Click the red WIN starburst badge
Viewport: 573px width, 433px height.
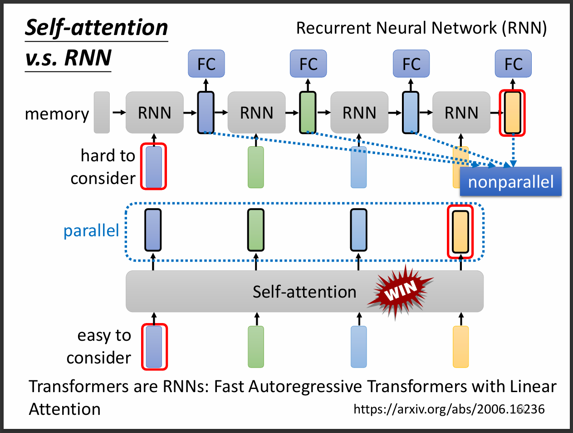click(399, 291)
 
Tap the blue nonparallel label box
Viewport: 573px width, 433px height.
click(510, 182)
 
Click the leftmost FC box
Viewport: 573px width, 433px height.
click(206, 64)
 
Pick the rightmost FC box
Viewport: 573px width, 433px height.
click(513, 64)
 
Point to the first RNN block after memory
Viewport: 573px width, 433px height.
click(154, 113)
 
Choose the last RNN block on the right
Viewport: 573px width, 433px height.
click(461, 113)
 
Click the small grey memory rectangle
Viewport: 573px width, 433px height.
click(102, 113)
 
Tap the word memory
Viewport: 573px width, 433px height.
click(57, 114)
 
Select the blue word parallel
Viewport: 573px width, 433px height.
click(91, 231)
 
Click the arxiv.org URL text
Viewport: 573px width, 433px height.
click(449, 409)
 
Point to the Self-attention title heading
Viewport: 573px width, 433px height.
click(96, 28)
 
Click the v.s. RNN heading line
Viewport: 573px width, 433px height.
click(68, 58)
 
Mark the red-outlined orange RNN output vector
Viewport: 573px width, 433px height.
click(512, 113)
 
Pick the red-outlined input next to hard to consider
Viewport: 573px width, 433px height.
click(154, 166)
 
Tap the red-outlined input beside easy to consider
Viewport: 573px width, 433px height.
click(154, 347)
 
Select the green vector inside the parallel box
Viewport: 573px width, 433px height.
click(256, 230)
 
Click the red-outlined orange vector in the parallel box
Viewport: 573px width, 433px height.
click(460, 232)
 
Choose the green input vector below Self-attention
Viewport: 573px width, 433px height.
click(256, 347)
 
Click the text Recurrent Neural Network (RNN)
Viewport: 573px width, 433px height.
click(421, 28)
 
